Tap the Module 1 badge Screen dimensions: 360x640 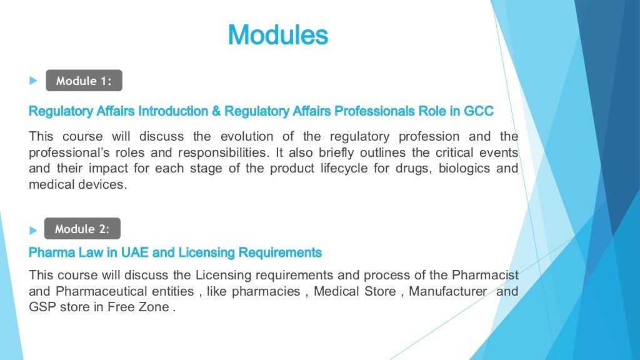pos(84,81)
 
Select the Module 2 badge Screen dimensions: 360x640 pos(82,229)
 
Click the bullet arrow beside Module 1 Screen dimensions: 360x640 pos(33,81)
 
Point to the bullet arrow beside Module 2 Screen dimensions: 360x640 pos(33,230)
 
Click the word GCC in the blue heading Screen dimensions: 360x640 pos(479,111)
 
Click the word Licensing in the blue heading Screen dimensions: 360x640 pos(206,252)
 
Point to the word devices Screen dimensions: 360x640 pos(99,185)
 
